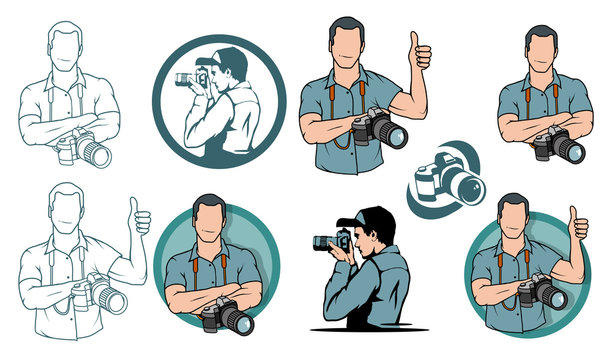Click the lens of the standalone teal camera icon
(x=463, y=185)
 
